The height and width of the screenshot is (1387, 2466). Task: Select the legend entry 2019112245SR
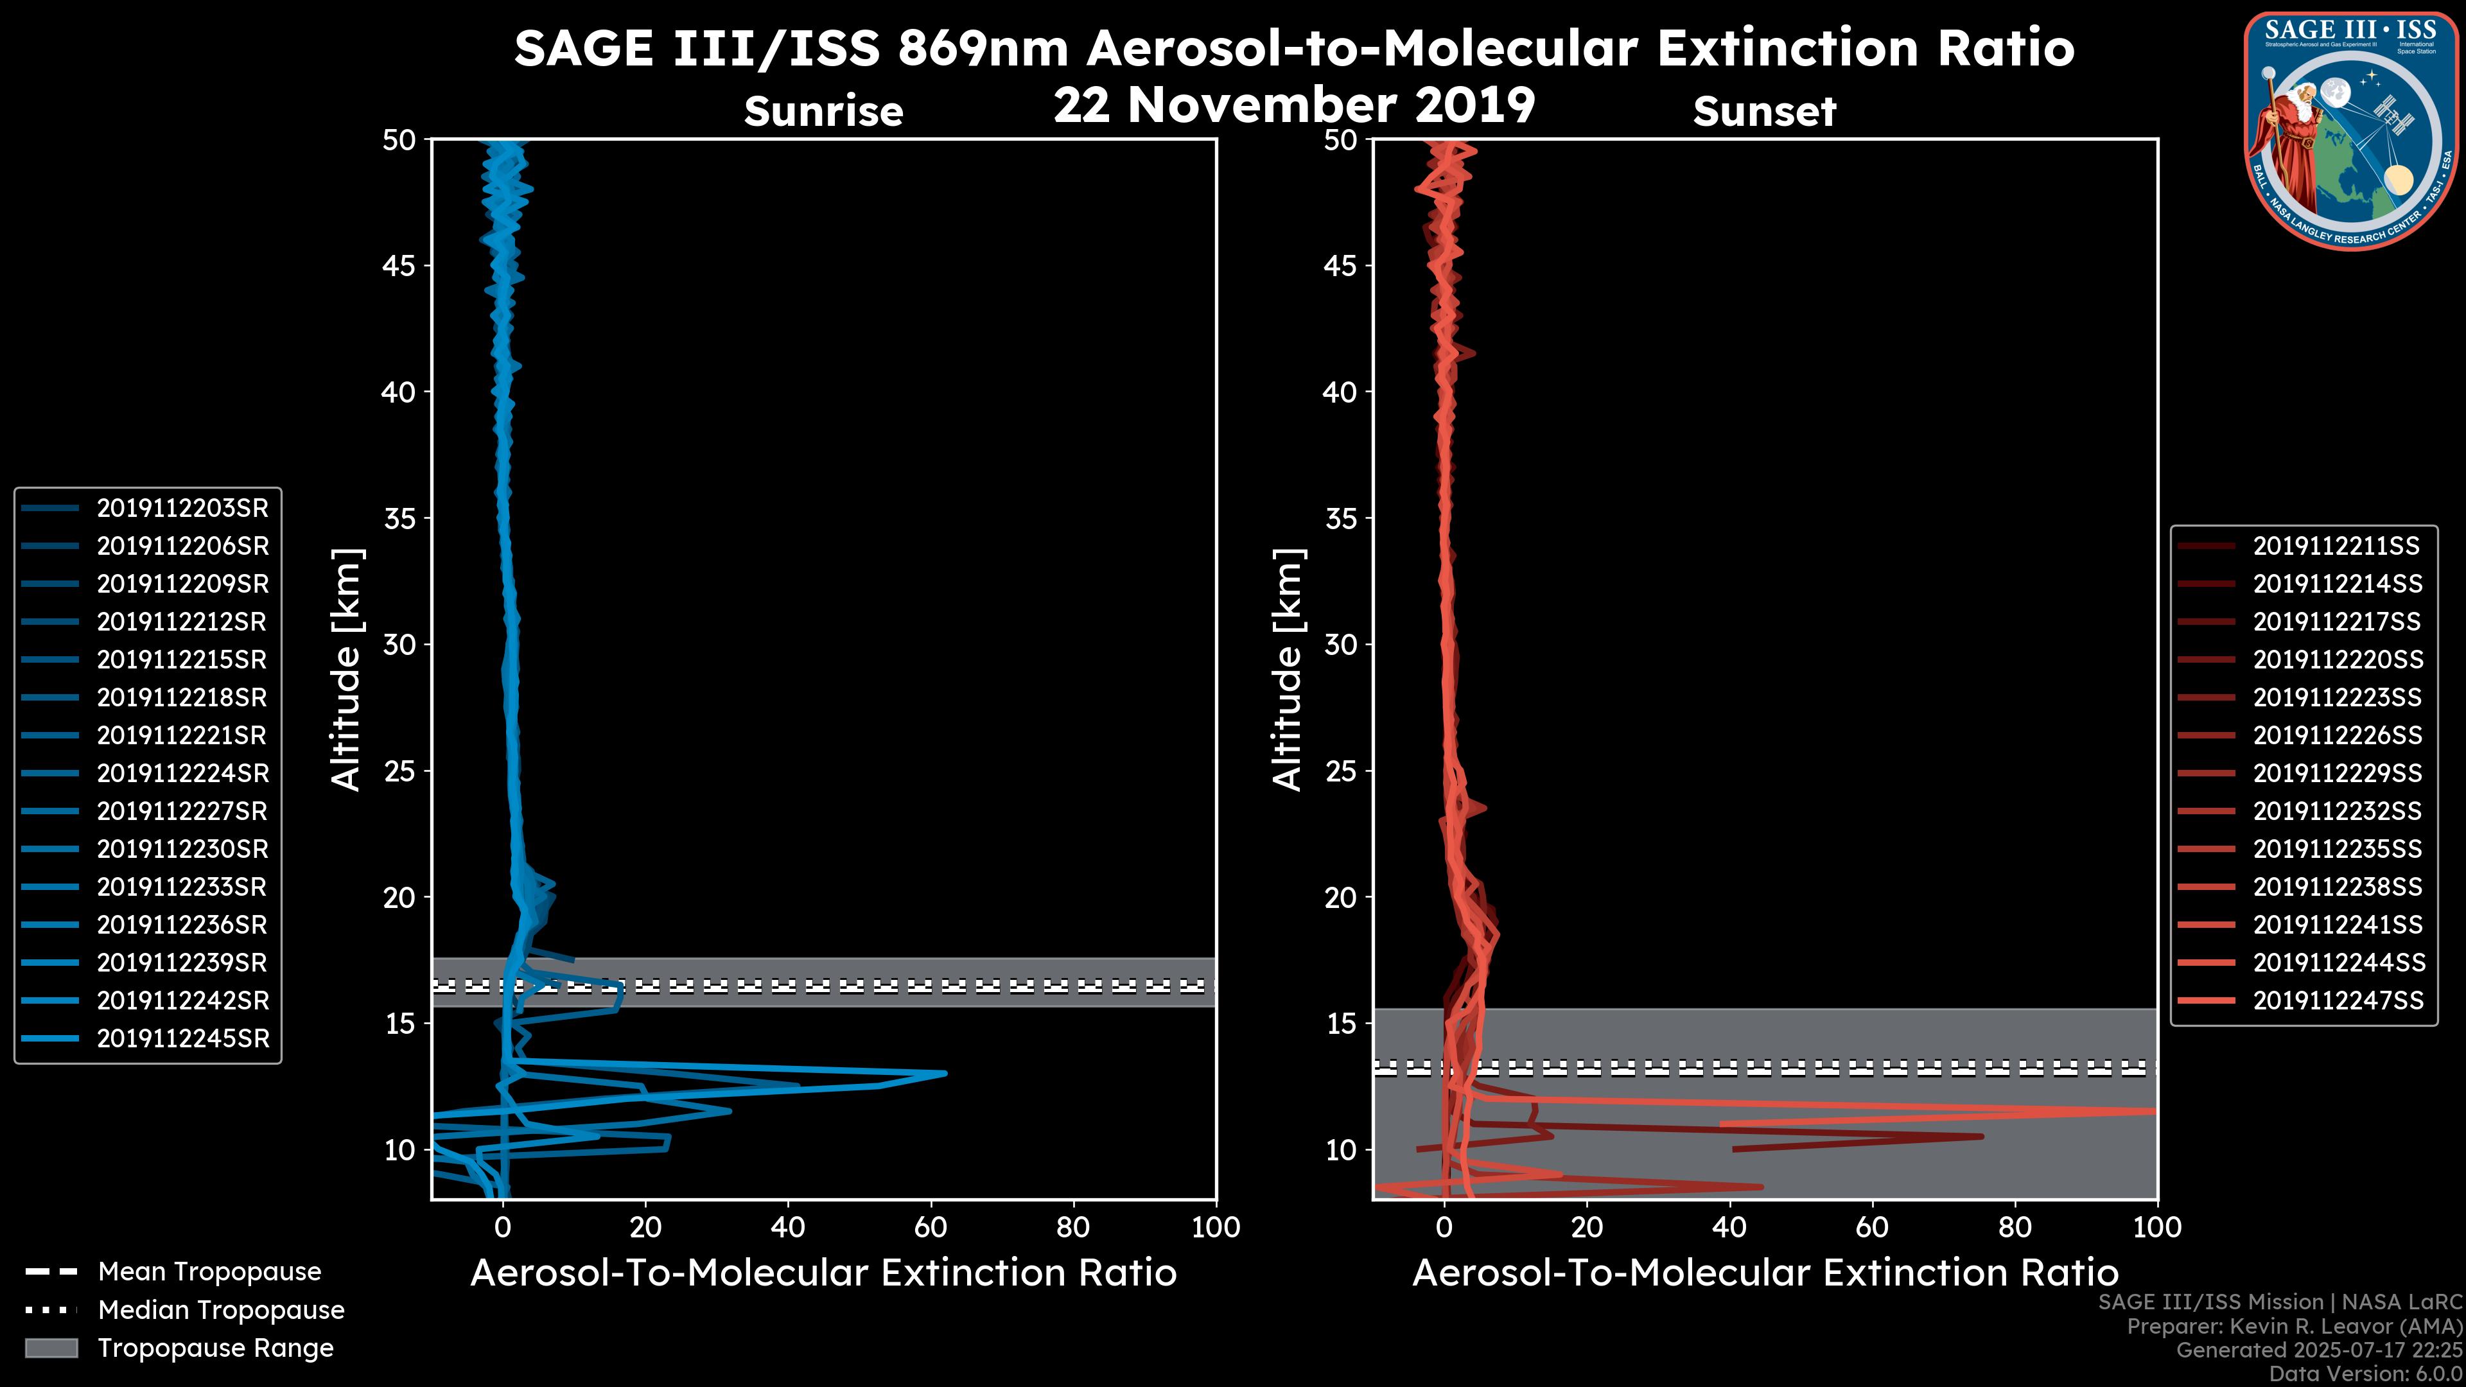(182, 1038)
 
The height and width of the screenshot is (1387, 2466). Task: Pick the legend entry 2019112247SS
(2337, 1000)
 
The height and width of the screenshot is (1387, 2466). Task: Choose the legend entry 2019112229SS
(2337, 773)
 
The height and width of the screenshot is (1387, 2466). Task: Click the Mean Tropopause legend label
(209, 1272)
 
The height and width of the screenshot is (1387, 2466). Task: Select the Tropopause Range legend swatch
(51, 1348)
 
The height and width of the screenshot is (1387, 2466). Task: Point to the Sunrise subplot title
(823, 112)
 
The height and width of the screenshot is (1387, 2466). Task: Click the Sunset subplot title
(1764, 112)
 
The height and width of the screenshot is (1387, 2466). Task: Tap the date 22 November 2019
(1294, 105)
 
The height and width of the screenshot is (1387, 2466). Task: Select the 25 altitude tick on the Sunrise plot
(399, 771)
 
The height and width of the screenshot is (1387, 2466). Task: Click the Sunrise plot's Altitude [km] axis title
(345, 669)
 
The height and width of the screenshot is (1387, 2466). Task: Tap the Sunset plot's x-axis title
(1764, 1273)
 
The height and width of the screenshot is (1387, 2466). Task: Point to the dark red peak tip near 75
(1982, 1136)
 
